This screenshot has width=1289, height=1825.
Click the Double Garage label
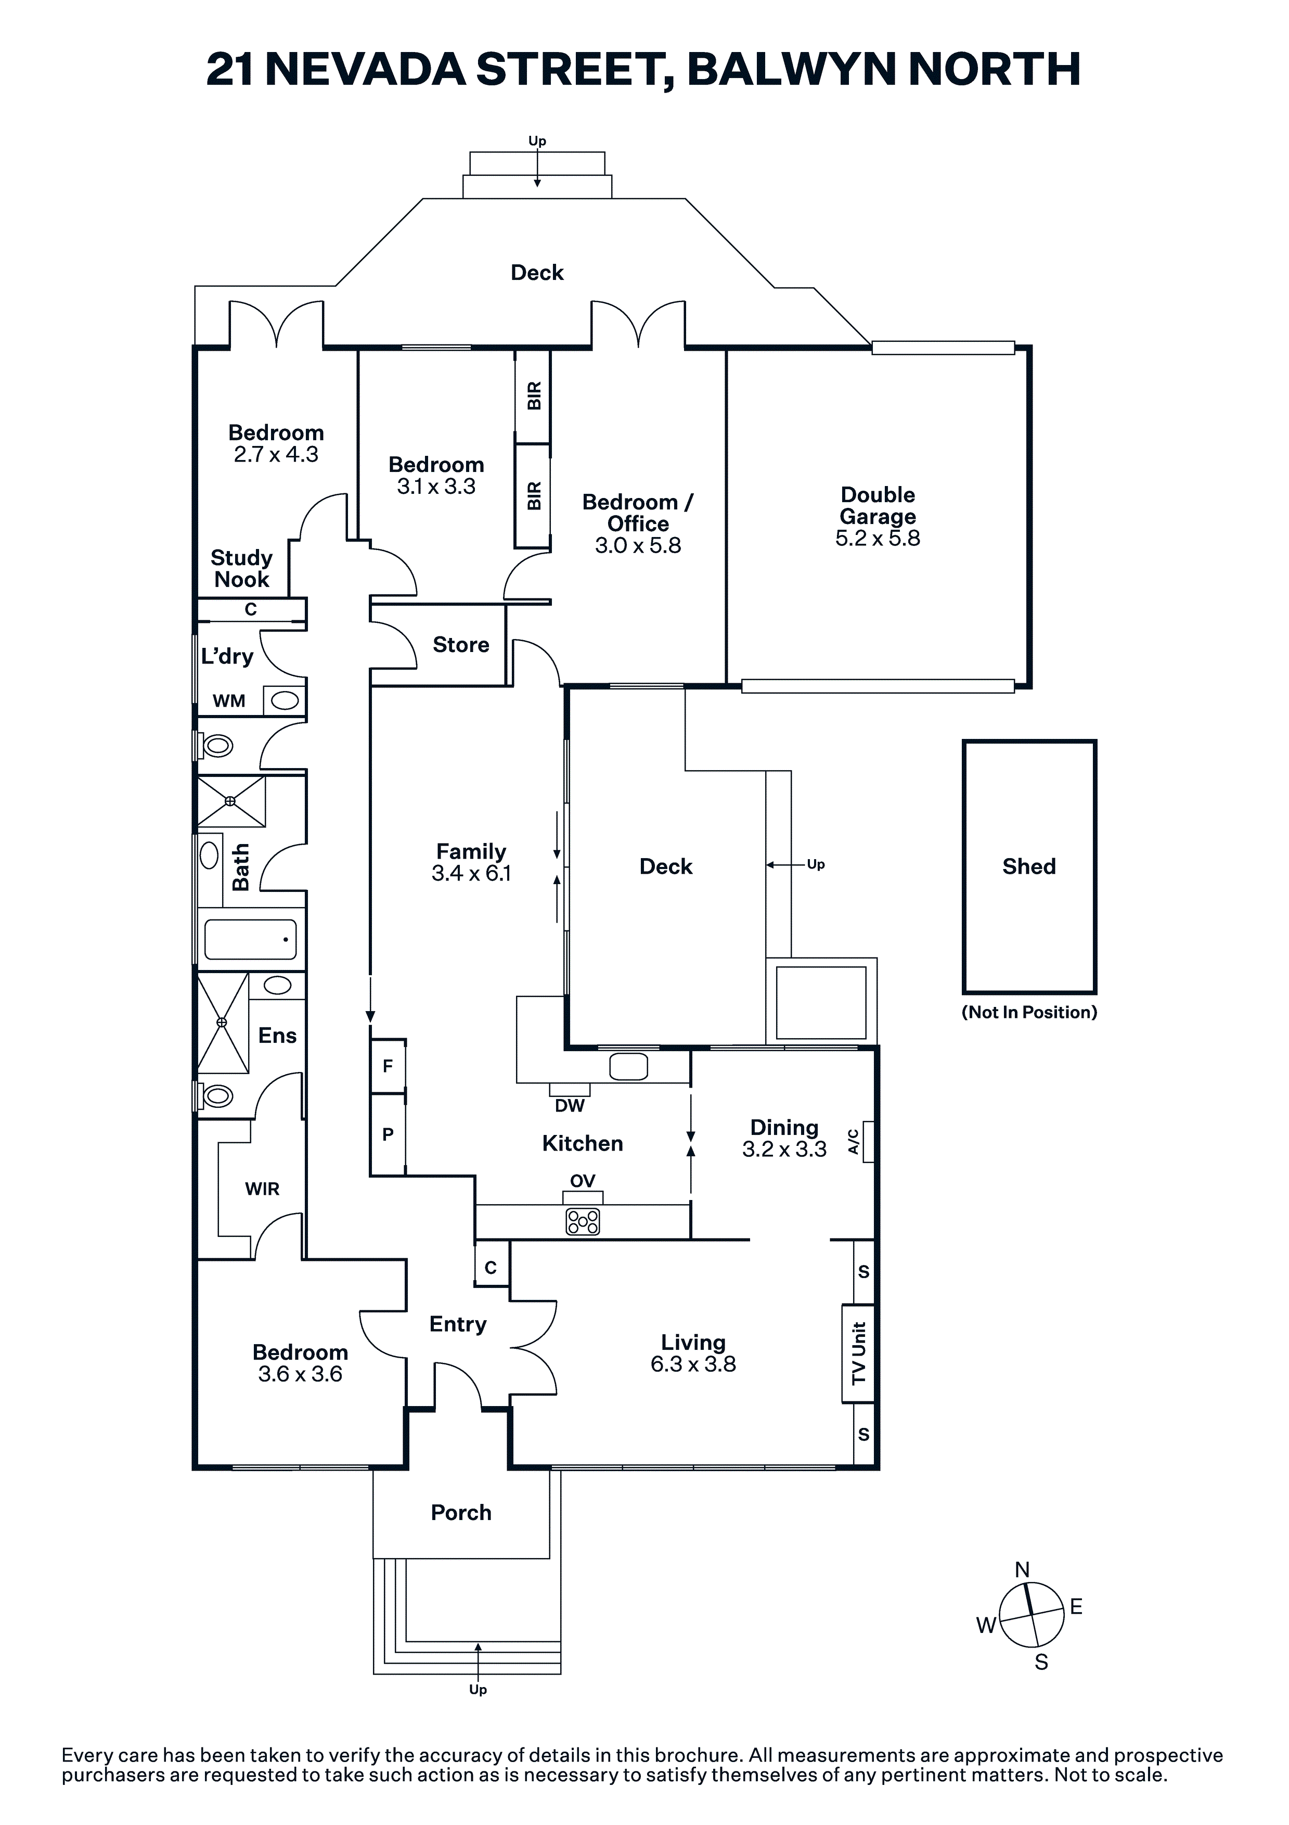[x=878, y=505]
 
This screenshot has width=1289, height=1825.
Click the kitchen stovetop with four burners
[x=583, y=1222]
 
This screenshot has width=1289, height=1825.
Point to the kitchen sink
[x=628, y=1066]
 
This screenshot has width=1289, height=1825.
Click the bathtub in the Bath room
[x=250, y=939]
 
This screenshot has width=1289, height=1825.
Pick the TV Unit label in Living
[x=858, y=1353]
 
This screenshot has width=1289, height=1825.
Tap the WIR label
[x=262, y=1189]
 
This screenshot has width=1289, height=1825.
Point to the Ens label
[x=277, y=1035]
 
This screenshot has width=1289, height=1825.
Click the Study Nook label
[x=241, y=568]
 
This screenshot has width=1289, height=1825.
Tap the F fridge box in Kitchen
[x=389, y=1065]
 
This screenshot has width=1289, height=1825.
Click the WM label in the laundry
[x=229, y=700]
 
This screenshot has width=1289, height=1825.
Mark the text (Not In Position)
[x=1029, y=1012]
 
